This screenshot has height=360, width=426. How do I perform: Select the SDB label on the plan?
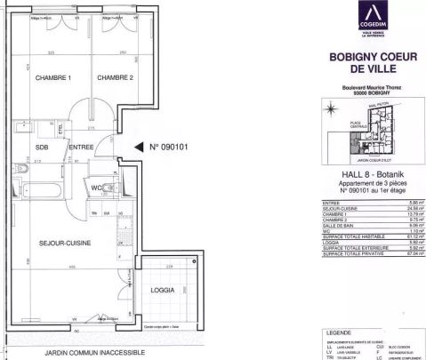(x=42, y=148)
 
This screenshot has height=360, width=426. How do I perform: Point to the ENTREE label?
(x=81, y=148)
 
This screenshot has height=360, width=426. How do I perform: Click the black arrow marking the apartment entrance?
(x=137, y=148)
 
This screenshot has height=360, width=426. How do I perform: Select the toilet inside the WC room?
(x=108, y=188)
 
